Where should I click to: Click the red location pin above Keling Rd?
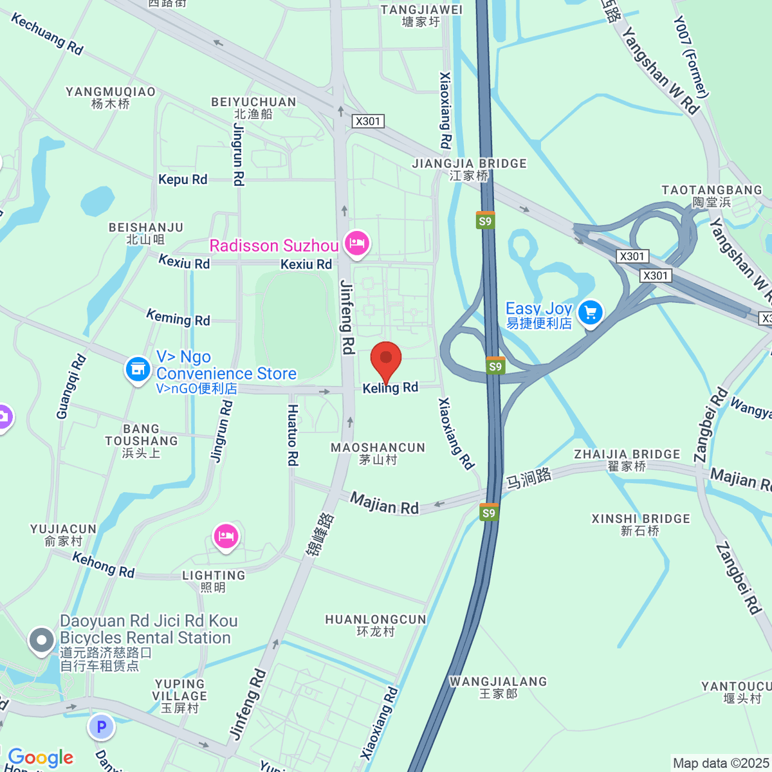pyautogui.click(x=386, y=359)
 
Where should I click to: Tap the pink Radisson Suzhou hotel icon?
pyautogui.click(x=356, y=243)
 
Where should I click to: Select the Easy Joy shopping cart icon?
pyautogui.click(x=590, y=313)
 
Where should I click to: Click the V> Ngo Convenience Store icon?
pyautogui.click(x=138, y=369)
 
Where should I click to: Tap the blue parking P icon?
pyautogui.click(x=101, y=728)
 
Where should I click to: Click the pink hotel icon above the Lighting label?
pyautogui.click(x=226, y=536)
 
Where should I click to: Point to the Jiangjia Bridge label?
pyautogui.click(x=469, y=169)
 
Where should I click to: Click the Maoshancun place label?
pyautogui.click(x=378, y=453)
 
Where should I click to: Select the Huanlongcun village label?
pyautogui.click(x=376, y=625)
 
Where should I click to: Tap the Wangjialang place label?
pyautogui.click(x=498, y=687)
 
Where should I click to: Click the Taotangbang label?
pyautogui.click(x=712, y=196)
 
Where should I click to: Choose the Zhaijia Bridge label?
pyautogui.click(x=627, y=460)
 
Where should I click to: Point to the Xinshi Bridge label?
pyautogui.click(x=641, y=524)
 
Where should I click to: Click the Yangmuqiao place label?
pyautogui.click(x=111, y=98)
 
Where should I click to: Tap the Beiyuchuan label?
pyautogui.click(x=253, y=107)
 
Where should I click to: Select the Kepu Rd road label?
pyautogui.click(x=183, y=179)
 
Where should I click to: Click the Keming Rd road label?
pyautogui.click(x=178, y=317)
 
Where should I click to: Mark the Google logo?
pyautogui.click(x=41, y=757)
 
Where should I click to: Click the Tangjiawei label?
pyautogui.click(x=421, y=15)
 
